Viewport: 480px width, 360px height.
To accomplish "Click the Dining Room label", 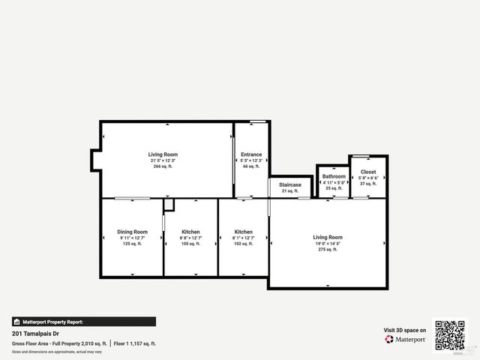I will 132,232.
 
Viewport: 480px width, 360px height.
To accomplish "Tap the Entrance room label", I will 251,154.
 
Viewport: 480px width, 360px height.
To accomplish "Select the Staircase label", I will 290,184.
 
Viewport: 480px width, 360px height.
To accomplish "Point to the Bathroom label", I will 334,176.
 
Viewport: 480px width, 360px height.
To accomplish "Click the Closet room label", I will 368,172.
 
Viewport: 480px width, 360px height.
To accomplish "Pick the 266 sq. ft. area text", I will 163,166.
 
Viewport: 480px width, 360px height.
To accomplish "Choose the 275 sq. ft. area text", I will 328,249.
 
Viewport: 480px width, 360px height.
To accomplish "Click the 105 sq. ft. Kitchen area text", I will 190,244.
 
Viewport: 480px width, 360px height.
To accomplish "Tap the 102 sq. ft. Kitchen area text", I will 243,244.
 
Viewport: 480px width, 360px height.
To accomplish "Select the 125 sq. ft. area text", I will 132,244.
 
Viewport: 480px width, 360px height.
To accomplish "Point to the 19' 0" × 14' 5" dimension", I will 328,243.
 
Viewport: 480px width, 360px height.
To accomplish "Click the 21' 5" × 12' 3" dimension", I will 163,160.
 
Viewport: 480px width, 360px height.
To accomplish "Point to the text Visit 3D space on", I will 405,330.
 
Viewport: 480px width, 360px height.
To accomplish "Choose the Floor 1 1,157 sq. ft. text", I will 136,343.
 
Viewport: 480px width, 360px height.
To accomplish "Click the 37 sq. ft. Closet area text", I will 368,184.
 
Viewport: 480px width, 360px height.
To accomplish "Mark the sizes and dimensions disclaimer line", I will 56,351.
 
